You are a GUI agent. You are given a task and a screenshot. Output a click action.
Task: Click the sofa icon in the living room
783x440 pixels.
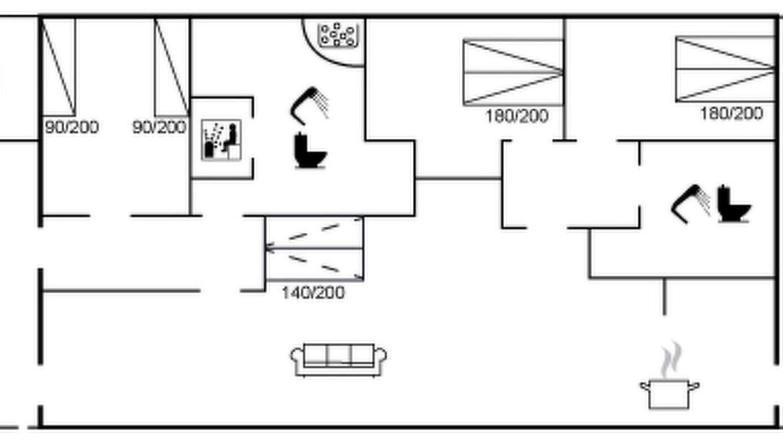point(338,360)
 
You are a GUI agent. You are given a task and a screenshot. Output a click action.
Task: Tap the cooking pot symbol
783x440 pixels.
point(669,395)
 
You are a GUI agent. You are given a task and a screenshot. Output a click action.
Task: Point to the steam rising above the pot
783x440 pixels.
point(671,360)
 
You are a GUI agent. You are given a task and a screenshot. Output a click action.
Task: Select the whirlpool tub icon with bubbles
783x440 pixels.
point(338,35)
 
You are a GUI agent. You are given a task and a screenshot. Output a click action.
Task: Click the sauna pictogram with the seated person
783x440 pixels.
point(221,140)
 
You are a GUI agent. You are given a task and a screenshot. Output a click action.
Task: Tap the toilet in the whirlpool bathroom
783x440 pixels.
point(310,150)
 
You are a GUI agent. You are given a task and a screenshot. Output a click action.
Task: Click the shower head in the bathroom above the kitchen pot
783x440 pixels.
point(691,204)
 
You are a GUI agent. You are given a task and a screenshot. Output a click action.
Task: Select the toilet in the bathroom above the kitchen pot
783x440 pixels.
point(733,204)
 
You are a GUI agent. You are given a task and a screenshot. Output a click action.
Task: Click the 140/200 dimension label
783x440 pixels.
point(313,293)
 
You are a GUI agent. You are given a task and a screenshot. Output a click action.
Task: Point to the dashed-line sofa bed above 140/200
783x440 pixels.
point(314,249)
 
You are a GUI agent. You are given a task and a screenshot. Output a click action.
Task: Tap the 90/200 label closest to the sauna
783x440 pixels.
point(160,128)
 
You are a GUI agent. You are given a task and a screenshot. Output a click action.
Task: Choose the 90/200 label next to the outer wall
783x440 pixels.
point(72,128)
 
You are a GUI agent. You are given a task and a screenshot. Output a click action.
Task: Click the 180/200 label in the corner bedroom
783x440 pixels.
point(731,114)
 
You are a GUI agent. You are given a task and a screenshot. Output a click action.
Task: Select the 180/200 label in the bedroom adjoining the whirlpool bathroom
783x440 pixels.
point(517,116)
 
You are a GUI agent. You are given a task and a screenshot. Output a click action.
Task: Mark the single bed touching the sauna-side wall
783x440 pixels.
point(172,67)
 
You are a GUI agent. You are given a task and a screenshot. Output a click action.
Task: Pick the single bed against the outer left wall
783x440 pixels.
point(58,67)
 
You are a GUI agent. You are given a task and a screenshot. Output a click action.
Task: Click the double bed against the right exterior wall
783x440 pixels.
point(725,69)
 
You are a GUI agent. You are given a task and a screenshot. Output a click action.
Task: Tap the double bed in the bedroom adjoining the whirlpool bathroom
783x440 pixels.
point(513,72)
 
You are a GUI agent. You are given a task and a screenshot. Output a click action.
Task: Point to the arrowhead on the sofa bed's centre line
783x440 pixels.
point(269,249)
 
